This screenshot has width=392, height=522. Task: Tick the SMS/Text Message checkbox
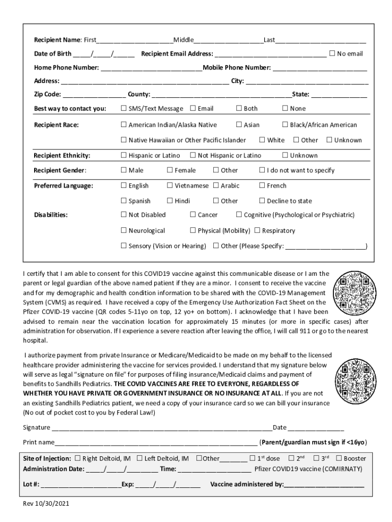click(x=123, y=108)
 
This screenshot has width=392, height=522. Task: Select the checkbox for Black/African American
click(x=285, y=124)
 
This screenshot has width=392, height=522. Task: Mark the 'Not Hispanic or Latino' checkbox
click(x=193, y=155)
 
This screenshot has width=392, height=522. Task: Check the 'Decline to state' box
click(x=262, y=200)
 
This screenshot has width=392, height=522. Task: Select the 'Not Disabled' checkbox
click(x=123, y=215)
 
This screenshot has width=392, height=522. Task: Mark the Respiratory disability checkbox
click(x=257, y=230)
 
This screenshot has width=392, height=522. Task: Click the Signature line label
click(x=37, y=427)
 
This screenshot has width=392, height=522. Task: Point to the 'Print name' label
click(x=39, y=441)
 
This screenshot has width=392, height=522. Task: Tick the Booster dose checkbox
click(x=340, y=458)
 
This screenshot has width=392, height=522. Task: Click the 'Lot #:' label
click(x=31, y=484)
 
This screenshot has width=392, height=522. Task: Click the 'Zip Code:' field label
click(x=47, y=94)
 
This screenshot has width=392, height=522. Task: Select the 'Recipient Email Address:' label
click(x=177, y=54)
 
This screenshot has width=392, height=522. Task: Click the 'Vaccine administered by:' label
click(x=247, y=484)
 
